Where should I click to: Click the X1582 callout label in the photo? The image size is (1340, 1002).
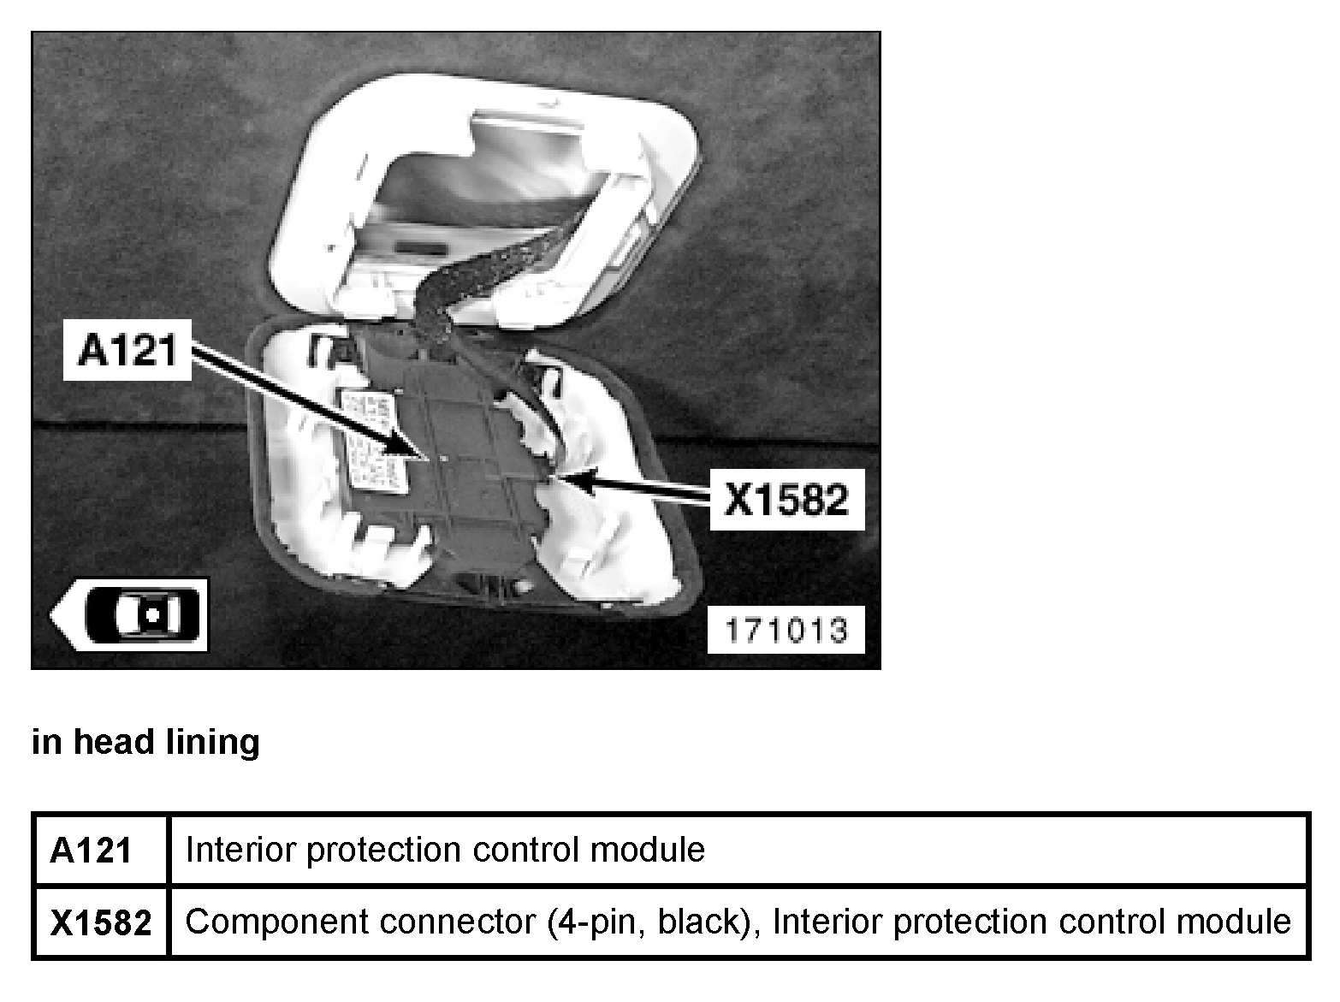pyautogui.click(x=786, y=498)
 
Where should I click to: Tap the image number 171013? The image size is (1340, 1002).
pyautogui.click(x=786, y=631)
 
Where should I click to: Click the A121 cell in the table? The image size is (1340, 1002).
pyautogui.click(x=92, y=851)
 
